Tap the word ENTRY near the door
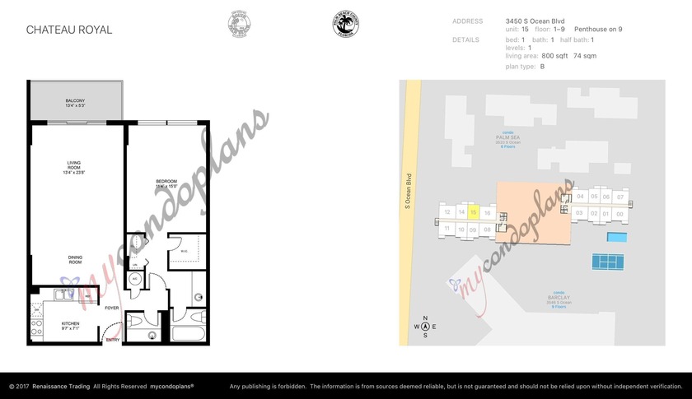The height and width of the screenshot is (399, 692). [x=112, y=339]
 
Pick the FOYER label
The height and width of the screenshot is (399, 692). [x=112, y=308]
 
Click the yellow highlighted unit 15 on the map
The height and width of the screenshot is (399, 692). [x=474, y=212]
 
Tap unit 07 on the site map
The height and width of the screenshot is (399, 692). [x=620, y=197]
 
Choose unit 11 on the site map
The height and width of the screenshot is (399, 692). [x=447, y=228]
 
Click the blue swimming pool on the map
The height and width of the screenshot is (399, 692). [x=616, y=238]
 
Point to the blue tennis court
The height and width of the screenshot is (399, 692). [x=607, y=262]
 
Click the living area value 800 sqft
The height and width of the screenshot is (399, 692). [x=556, y=55]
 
